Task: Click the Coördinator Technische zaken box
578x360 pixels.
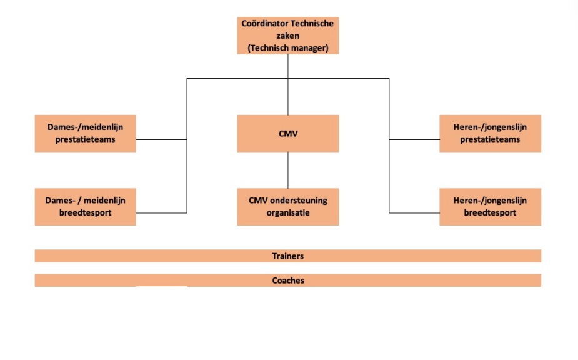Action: click(x=287, y=36)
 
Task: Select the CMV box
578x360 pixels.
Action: click(x=287, y=133)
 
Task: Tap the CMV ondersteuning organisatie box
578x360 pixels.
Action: click(x=287, y=207)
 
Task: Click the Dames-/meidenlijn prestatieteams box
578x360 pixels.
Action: click(x=85, y=133)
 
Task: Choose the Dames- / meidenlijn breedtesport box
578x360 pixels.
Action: click(x=85, y=207)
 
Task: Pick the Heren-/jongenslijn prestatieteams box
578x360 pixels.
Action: click(x=490, y=133)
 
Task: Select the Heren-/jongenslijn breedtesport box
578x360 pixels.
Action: click(x=490, y=207)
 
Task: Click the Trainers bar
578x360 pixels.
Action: click(x=287, y=256)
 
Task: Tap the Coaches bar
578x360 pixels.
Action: click(x=287, y=281)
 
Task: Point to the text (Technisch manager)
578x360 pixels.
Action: click(x=287, y=47)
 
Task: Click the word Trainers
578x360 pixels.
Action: click(x=287, y=256)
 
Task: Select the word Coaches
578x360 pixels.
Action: click(x=287, y=281)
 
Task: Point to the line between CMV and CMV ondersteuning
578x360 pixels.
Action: click(x=287, y=170)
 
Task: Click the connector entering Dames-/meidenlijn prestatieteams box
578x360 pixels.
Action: click(x=161, y=140)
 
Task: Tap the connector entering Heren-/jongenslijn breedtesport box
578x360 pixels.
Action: click(x=414, y=213)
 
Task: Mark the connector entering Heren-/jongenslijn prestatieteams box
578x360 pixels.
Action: click(x=414, y=140)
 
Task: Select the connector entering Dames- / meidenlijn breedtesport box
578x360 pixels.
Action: click(x=161, y=213)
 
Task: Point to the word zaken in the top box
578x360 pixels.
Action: click(x=287, y=36)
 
